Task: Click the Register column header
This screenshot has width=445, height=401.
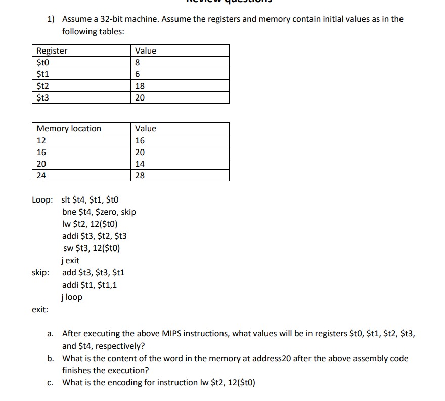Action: (52, 51)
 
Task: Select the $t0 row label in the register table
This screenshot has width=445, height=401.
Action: (44, 63)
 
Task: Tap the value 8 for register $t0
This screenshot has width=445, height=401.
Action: (138, 63)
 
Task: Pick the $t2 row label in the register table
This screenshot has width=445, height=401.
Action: (44, 86)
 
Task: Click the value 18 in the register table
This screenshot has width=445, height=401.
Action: (140, 86)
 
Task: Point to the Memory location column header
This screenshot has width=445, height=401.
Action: (69, 128)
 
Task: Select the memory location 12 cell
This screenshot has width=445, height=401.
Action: (41, 140)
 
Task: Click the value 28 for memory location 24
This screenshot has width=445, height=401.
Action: (140, 176)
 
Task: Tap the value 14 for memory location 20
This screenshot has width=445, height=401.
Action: (140, 164)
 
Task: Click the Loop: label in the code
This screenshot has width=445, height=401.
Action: (42, 199)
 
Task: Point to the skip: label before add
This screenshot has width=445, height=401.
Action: (40, 273)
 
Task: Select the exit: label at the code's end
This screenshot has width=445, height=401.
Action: (40, 310)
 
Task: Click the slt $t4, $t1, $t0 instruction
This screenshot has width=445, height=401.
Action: (91, 199)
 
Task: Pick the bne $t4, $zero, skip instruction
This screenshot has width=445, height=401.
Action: (99, 212)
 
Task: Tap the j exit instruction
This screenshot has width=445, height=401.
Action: (70, 261)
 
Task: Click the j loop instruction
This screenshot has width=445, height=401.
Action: (71, 297)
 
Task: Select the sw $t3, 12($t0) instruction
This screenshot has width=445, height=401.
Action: (92, 248)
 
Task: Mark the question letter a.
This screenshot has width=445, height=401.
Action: (51, 334)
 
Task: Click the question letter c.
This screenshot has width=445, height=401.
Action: (51, 383)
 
